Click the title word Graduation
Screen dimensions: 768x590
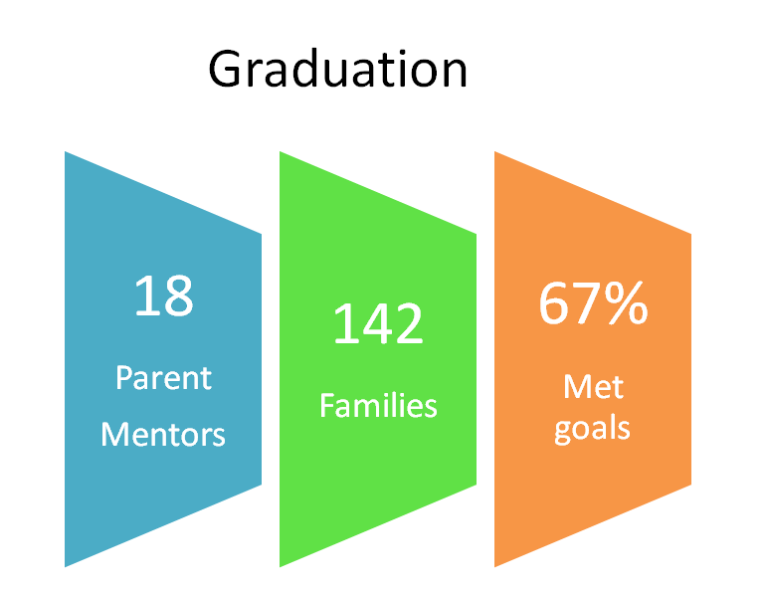click(337, 69)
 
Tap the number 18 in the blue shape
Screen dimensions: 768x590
click(163, 295)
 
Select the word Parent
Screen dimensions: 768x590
click(163, 378)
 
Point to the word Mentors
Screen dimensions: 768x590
click(163, 434)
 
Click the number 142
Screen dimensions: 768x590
click(378, 324)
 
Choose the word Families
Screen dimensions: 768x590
click(378, 405)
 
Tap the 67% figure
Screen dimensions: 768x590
click(593, 303)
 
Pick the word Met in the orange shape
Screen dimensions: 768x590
click(593, 387)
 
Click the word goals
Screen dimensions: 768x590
click(592, 429)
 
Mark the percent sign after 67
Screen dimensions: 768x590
click(626, 303)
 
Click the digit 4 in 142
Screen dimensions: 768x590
click(378, 324)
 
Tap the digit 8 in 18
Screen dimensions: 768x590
click(177, 295)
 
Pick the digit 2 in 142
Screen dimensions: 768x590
click(409, 324)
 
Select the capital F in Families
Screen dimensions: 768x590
click(327, 405)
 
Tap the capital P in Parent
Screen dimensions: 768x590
click(124, 378)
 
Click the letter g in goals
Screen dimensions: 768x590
click(563, 432)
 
